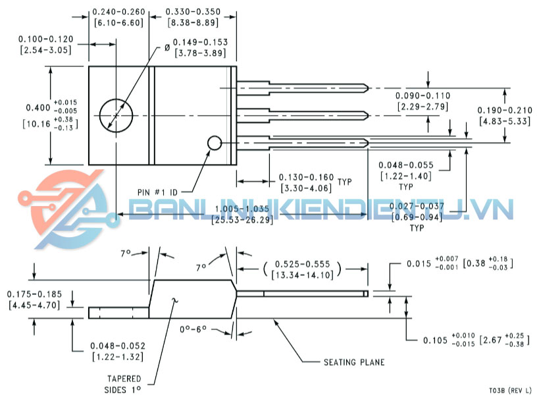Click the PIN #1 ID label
click(157, 192)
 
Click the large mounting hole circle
click(116, 115)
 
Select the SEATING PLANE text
click(354, 362)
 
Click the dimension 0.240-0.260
click(118, 12)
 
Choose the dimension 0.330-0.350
click(192, 12)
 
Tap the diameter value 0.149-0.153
click(201, 42)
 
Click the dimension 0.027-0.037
click(416, 207)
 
